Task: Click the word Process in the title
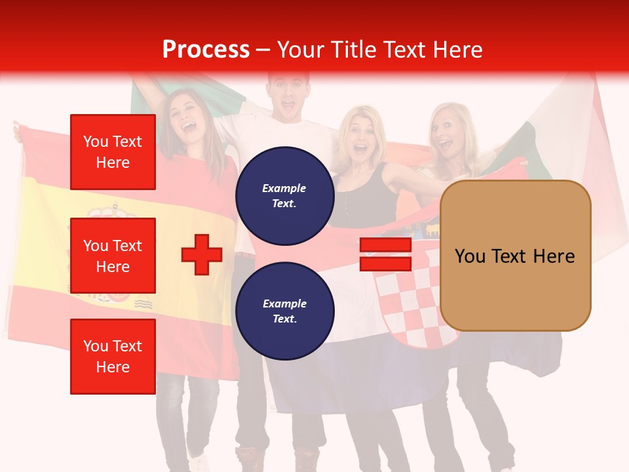206,49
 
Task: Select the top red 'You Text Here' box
113,152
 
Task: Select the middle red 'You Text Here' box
113,256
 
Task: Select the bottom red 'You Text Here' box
113,357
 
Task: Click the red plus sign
202,254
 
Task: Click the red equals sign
385,254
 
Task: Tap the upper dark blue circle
284,196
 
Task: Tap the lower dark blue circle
284,311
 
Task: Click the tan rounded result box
515,256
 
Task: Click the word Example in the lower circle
284,304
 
